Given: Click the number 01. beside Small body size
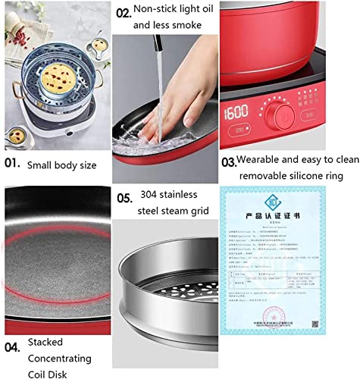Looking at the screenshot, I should coord(14,162).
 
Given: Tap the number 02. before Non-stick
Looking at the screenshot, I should coord(122,13).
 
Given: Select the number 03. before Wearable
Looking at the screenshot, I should coord(228,161).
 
